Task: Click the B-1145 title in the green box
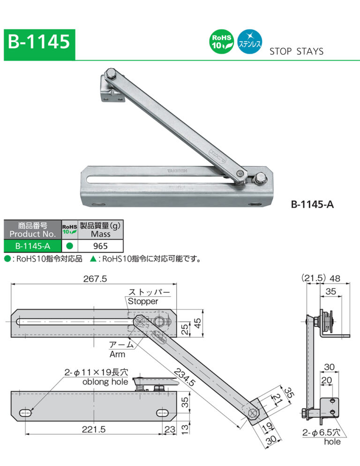point(39,43)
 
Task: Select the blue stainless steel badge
point(250,42)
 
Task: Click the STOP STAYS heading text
point(296,52)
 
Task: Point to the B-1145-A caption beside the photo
point(312,205)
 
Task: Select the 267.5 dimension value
point(95,279)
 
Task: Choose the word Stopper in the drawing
point(143,301)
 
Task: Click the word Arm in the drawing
point(117,355)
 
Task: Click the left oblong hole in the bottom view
point(26,412)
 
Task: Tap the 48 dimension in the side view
point(335,278)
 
